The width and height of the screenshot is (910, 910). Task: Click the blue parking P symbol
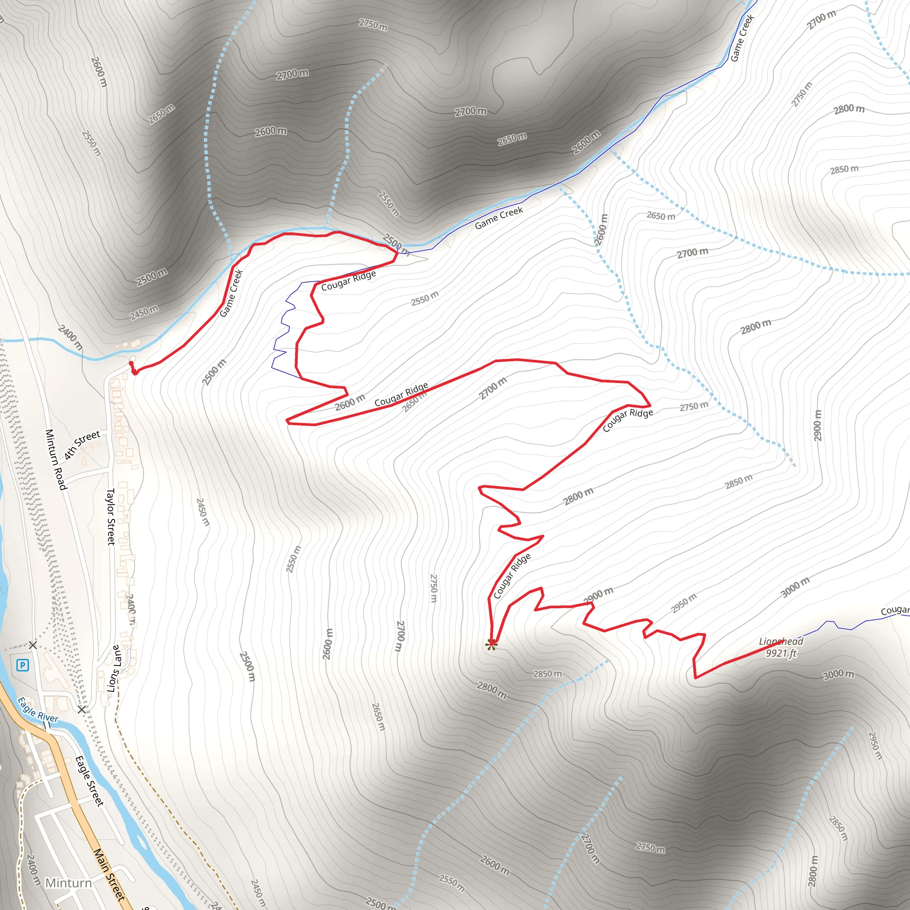(x=22, y=665)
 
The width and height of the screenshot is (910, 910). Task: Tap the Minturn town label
(x=68, y=883)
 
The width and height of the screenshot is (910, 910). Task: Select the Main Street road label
(x=109, y=874)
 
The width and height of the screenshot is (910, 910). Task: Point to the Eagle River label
(x=38, y=709)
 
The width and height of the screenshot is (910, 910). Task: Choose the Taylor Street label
(x=111, y=516)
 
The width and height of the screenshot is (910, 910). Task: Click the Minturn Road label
(x=55, y=459)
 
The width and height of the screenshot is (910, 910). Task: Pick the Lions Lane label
(x=115, y=668)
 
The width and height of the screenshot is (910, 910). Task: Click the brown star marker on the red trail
(x=491, y=644)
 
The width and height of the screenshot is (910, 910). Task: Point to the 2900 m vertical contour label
(x=817, y=425)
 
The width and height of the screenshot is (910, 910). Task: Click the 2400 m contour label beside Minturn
(x=32, y=870)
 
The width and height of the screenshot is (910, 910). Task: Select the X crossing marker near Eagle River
(x=82, y=709)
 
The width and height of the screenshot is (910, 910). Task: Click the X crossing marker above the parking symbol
(x=32, y=645)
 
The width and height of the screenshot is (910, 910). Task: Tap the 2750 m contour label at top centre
(x=373, y=24)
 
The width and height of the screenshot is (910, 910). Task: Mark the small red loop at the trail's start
(x=133, y=368)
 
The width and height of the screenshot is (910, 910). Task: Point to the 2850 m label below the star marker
(x=547, y=674)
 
